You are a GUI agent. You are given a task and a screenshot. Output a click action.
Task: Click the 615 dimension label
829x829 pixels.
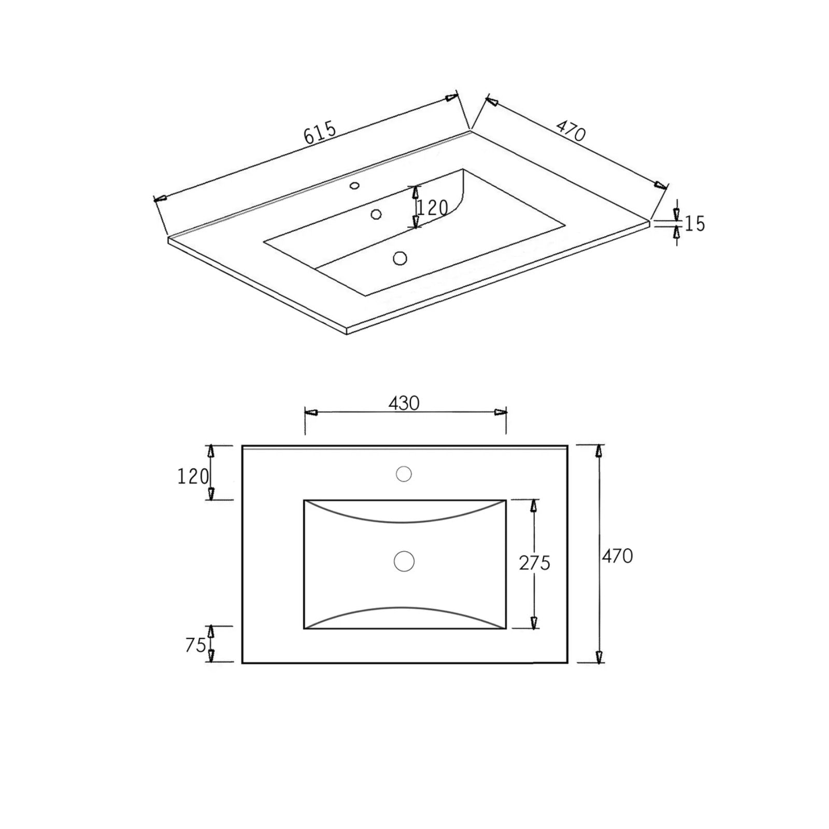(320, 133)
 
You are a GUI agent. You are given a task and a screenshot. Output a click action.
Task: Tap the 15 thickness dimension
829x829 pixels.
(695, 223)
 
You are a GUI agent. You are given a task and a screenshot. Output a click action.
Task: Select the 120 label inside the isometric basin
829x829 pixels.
(432, 208)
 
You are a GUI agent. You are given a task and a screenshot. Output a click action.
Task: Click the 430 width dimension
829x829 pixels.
(404, 403)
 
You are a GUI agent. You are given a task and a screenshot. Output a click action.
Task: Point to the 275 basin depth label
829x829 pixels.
(534, 563)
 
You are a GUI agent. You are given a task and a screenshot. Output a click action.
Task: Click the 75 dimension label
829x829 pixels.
(195, 645)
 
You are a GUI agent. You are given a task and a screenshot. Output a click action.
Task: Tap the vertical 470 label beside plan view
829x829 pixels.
(617, 556)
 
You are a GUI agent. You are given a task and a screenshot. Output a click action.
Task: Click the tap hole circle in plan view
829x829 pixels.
(404, 474)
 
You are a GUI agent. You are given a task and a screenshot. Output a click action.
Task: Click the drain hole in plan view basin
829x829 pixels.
(404, 561)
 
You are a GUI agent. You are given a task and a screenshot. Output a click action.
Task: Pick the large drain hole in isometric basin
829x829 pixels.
(399, 258)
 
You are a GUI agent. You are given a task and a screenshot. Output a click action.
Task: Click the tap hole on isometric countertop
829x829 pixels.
(355, 185)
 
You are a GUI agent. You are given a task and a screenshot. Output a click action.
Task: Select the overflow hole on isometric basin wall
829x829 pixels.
(376, 214)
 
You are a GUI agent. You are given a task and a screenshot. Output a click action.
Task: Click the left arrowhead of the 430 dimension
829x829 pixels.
(310, 412)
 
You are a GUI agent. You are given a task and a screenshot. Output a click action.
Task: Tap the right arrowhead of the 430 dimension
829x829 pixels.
(501, 412)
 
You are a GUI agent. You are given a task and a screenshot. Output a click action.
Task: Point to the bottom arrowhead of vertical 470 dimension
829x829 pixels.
(599, 657)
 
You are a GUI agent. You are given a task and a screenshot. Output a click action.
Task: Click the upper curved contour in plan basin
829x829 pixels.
(404, 521)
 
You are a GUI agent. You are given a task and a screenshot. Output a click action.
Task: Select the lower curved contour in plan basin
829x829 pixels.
(404, 607)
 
